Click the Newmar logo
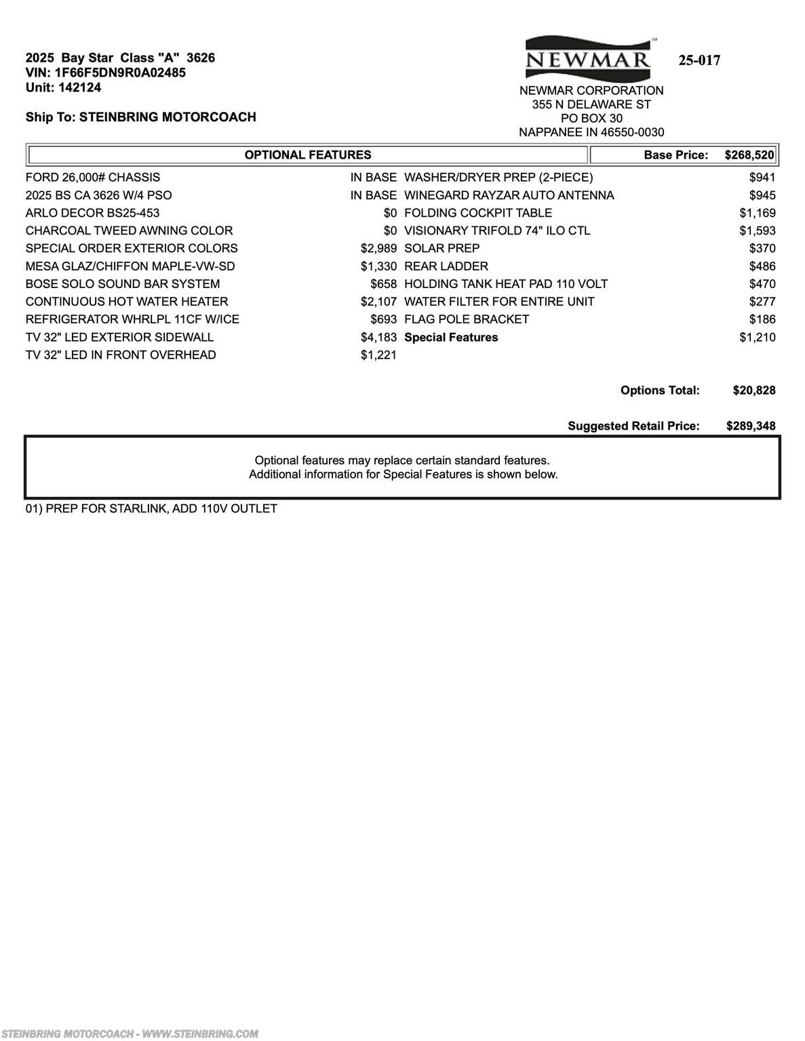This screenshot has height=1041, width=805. [x=588, y=58]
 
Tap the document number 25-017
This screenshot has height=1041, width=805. [x=699, y=60]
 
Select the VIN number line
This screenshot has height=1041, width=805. [x=106, y=73]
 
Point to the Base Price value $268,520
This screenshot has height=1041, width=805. [x=749, y=155]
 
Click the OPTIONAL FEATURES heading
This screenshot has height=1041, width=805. [x=308, y=155]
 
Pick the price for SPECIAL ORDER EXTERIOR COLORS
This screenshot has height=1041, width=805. [x=378, y=249]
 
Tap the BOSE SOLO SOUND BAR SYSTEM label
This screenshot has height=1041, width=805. [x=123, y=284]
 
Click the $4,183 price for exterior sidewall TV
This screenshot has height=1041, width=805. [x=378, y=338]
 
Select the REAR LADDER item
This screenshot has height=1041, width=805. [x=446, y=266]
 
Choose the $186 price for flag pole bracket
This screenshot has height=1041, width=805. [x=762, y=319]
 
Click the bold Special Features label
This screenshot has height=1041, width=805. [x=451, y=338]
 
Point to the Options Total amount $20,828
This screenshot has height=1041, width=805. [x=754, y=390]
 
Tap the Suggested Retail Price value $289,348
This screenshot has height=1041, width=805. [x=751, y=426]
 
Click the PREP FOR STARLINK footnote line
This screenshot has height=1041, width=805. [x=151, y=509]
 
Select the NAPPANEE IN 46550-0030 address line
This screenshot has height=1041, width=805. [x=591, y=133]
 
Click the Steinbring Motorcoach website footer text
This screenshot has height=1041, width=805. [x=130, y=1034]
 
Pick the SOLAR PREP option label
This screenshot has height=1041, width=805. [x=442, y=249]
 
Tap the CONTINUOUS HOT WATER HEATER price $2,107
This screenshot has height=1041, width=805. [x=378, y=302]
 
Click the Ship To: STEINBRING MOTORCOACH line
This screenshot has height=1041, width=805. [x=141, y=117]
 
